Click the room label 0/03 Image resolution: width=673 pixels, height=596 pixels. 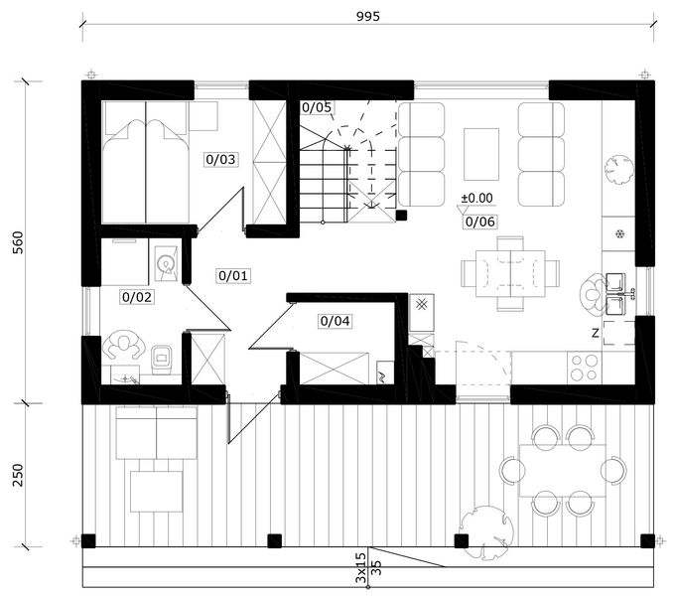(220, 159)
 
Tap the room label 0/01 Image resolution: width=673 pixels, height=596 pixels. (233, 275)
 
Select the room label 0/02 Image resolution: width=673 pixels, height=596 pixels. (137, 297)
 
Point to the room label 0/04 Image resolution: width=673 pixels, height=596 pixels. (335, 321)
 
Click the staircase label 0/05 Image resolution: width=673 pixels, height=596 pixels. (317, 107)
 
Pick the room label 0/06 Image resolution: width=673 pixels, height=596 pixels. (479, 222)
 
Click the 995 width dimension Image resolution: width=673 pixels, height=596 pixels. (368, 16)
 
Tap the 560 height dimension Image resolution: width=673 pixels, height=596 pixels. (18, 242)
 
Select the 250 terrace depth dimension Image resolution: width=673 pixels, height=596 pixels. (18, 475)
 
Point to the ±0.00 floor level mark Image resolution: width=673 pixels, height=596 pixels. (476, 198)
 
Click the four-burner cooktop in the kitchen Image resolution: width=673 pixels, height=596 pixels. (584, 368)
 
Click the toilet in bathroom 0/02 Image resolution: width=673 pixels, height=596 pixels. (162, 359)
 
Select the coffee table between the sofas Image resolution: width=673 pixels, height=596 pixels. (481, 154)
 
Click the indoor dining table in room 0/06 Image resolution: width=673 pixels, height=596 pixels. (510, 274)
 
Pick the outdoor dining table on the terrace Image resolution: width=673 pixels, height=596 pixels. (563, 471)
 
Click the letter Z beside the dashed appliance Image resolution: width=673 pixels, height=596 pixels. (595, 333)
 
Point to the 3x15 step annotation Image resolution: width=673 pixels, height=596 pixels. (361, 567)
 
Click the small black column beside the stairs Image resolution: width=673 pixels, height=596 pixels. (401, 216)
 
